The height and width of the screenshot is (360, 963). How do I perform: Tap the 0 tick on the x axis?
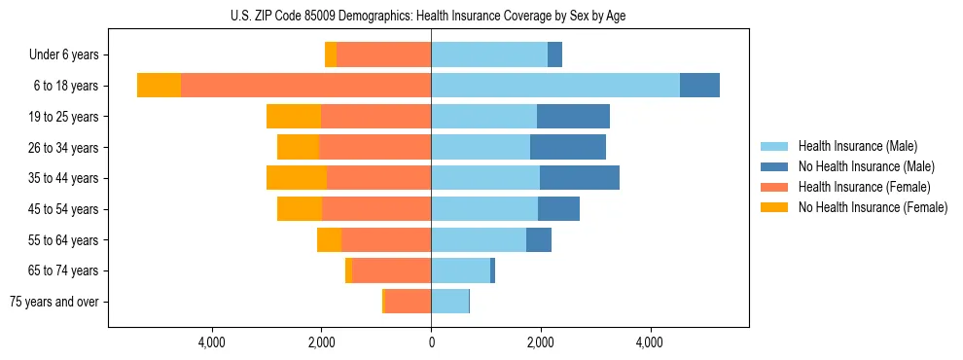click(431, 342)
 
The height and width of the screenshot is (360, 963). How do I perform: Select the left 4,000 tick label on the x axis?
click(212, 342)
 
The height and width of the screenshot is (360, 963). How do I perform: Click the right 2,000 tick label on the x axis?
click(541, 342)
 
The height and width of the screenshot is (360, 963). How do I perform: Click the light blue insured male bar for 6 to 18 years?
click(555, 86)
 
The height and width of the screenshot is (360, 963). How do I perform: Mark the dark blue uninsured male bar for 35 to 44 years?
click(580, 178)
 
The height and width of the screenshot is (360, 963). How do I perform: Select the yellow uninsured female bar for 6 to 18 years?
click(159, 86)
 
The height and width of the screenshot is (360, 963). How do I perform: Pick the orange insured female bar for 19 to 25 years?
click(375, 117)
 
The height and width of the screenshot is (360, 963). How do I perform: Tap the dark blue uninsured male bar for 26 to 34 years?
click(568, 147)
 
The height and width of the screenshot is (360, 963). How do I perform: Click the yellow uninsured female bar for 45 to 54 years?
click(300, 208)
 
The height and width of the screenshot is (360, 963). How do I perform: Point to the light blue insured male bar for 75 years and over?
click(449, 302)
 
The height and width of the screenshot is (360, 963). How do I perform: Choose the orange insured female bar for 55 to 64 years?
click(386, 239)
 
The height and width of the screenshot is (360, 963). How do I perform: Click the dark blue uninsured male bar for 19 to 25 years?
click(573, 117)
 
